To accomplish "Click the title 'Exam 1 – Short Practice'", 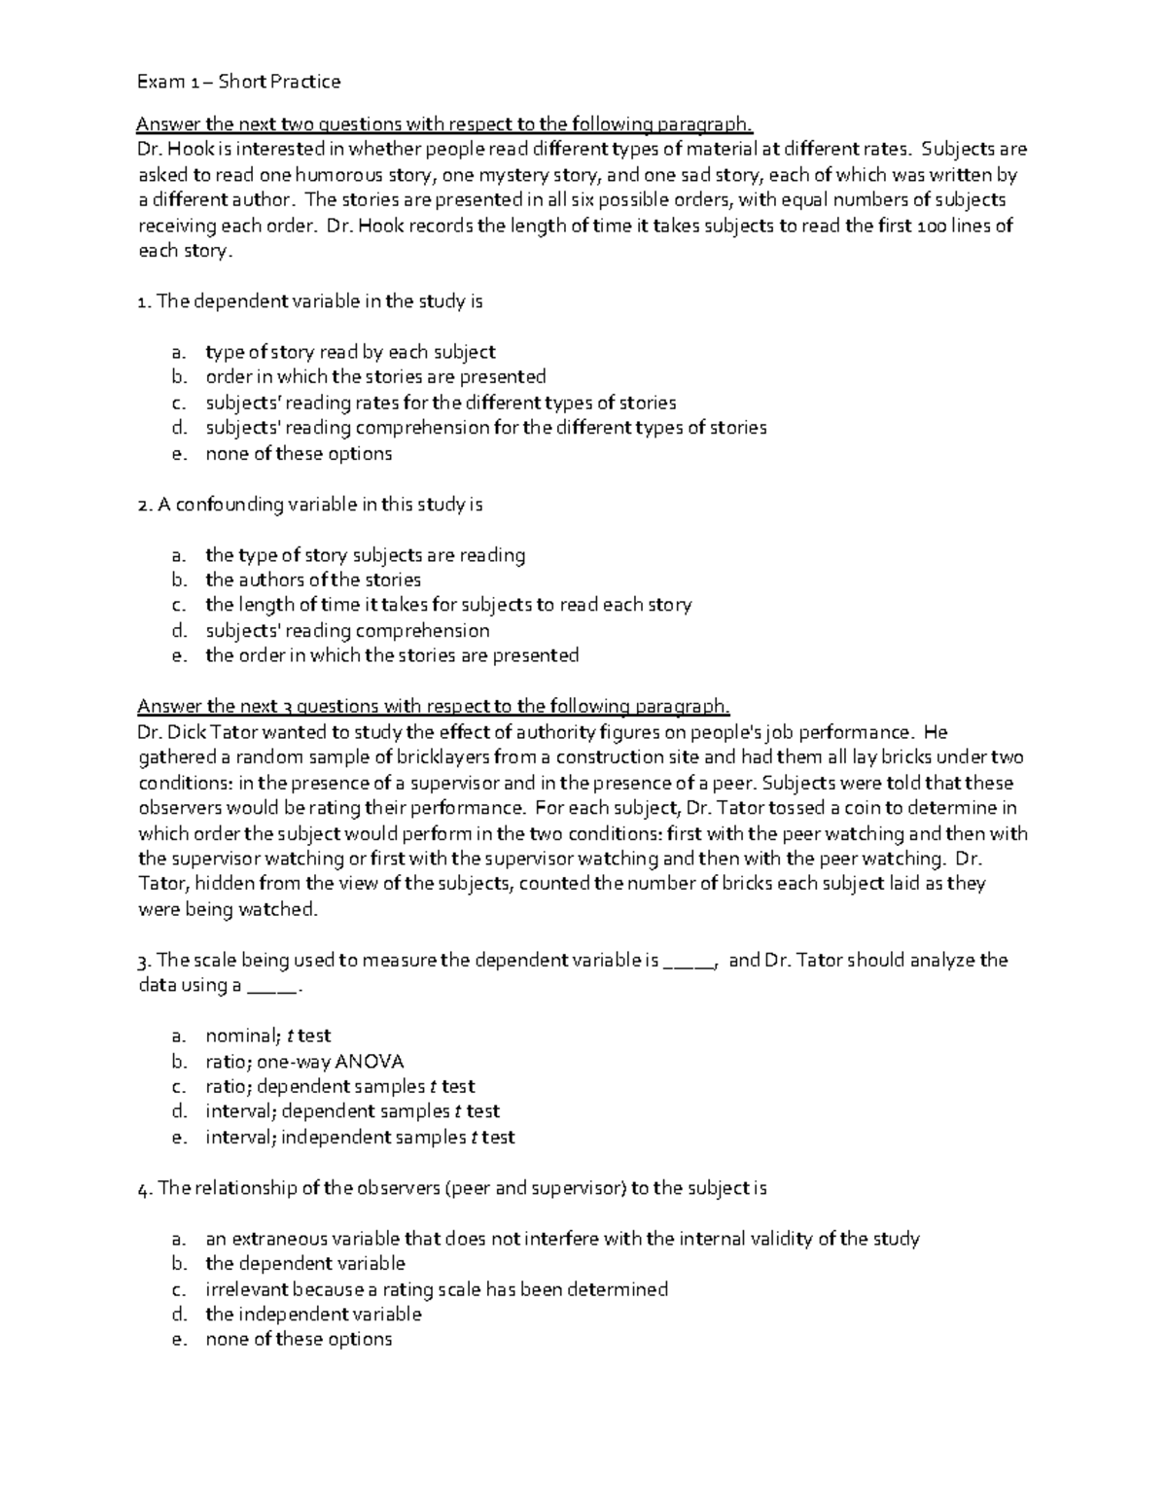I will (x=238, y=82).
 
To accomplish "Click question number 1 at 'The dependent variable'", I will (x=143, y=301).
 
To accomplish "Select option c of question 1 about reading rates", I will (x=440, y=403).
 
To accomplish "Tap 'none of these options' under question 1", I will (x=299, y=453).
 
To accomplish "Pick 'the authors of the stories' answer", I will (x=313, y=580).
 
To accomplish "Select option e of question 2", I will (x=391, y=655).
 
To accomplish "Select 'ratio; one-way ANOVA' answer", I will (x=304, y=1061).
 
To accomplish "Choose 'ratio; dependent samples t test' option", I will (x=339, y=1086).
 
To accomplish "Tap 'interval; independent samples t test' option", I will (x=360, y=1137).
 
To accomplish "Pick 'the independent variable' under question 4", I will (x=313, y=1314).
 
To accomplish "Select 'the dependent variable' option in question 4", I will (x=304, y=1263).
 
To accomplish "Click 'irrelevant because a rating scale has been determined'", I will (x=437, y=1289).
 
